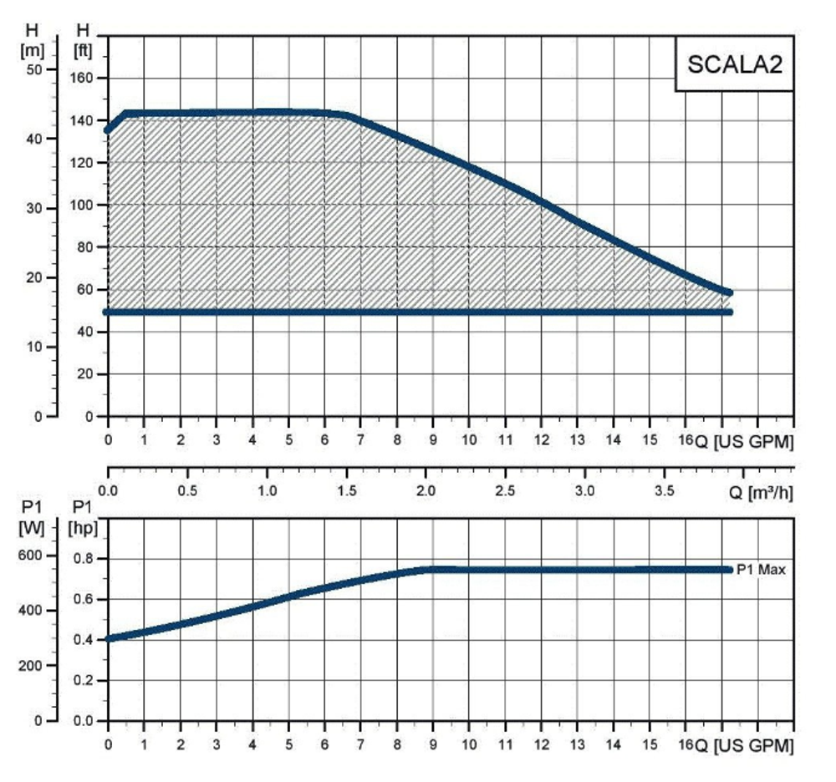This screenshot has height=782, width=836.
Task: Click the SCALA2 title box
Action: (734, 63)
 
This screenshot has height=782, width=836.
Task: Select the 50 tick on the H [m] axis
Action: (33, 69)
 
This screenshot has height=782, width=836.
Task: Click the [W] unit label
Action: (31, 527)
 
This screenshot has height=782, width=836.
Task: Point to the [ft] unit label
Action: (84, 48)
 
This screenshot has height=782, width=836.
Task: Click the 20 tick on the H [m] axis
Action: (33, 277)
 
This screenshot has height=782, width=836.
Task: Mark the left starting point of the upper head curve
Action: (108, 129)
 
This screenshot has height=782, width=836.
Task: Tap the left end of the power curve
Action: (108, 639)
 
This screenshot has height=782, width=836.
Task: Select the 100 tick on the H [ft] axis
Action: (85, 205)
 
